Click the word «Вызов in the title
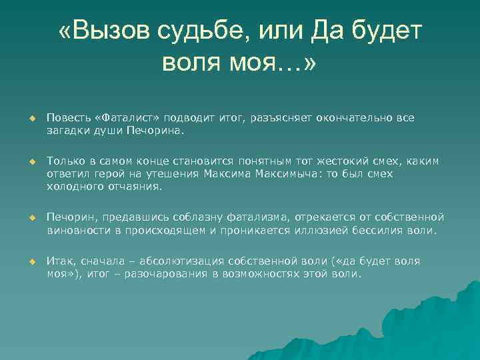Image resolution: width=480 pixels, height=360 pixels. [105, 31]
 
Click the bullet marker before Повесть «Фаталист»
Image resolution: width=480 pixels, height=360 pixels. [30, 118]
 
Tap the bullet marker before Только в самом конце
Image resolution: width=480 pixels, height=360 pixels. [30, 161]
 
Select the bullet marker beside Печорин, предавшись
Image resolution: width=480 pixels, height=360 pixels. [30, 218]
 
